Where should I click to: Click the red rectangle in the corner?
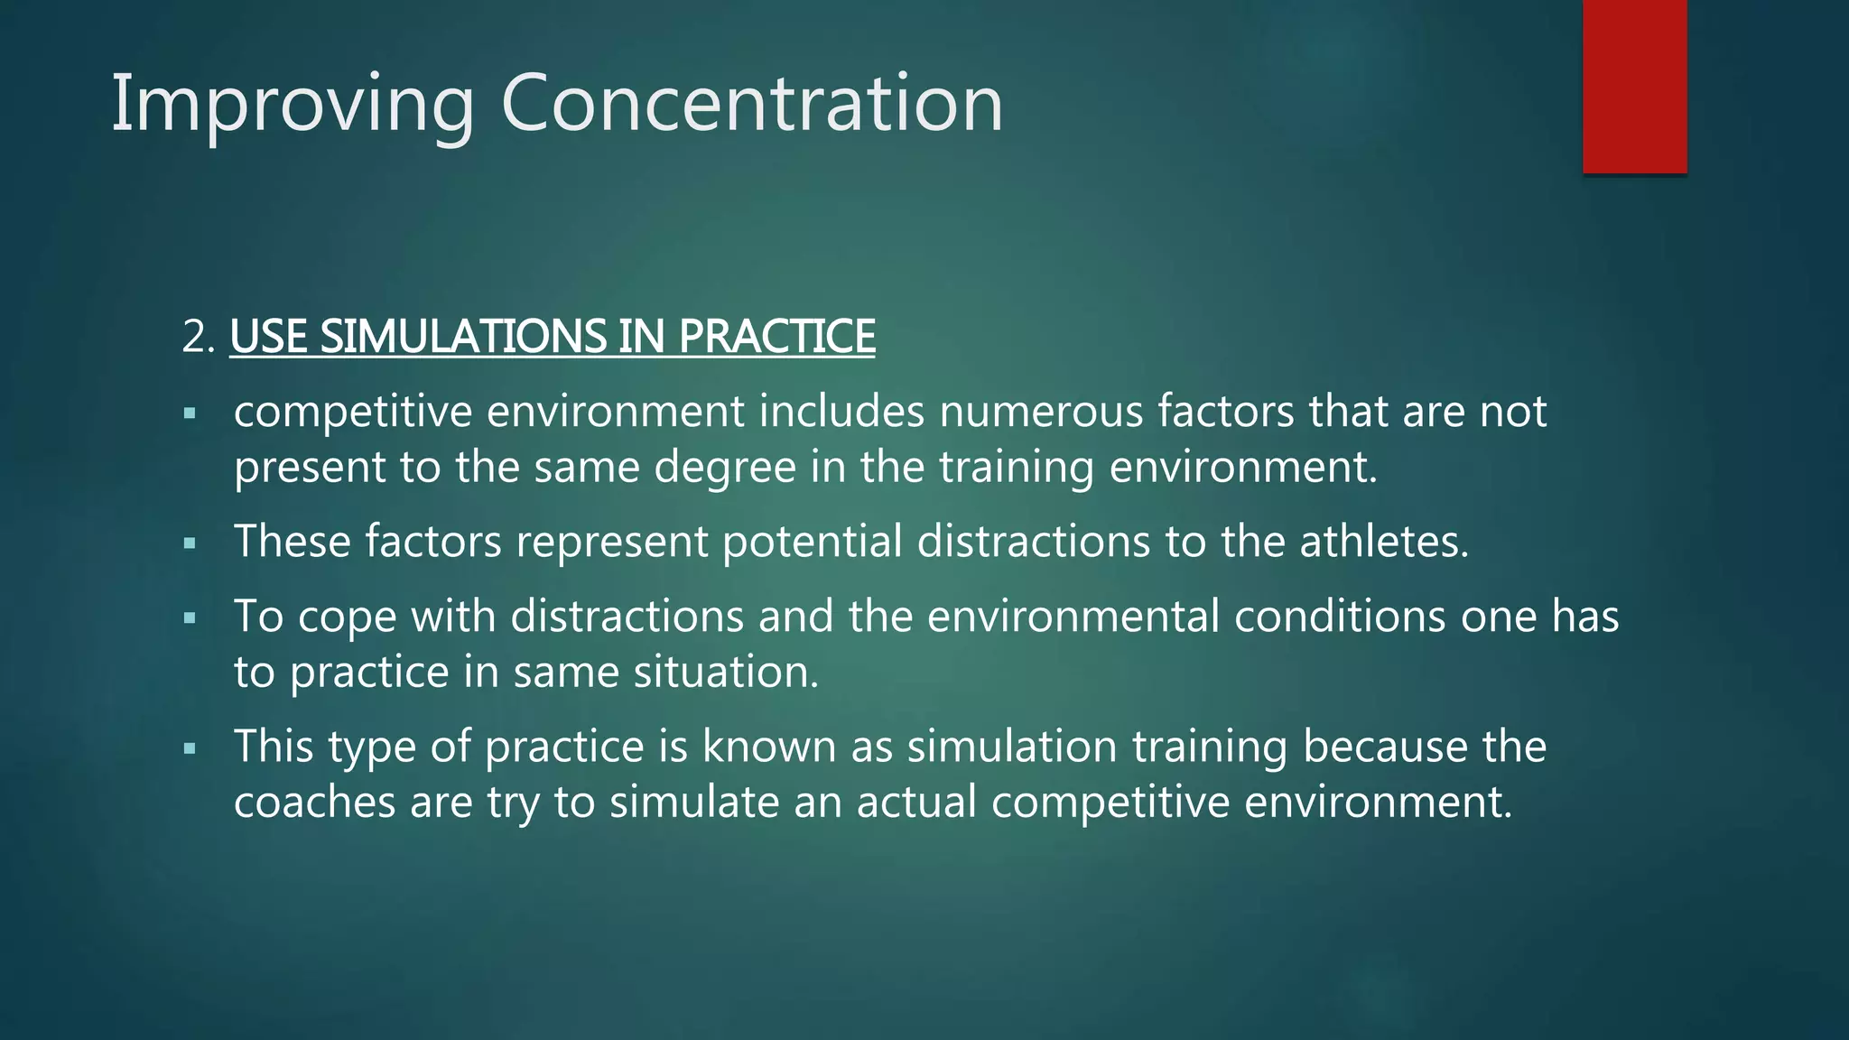1634,87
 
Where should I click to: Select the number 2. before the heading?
198,338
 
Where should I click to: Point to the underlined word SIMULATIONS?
463,337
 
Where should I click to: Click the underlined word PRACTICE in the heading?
776,337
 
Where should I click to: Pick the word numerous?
1041,412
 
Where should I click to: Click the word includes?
841,412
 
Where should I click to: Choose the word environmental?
1073,617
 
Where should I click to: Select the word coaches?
314,803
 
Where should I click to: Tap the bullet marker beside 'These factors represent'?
190,544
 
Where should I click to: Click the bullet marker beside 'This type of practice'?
190,749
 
